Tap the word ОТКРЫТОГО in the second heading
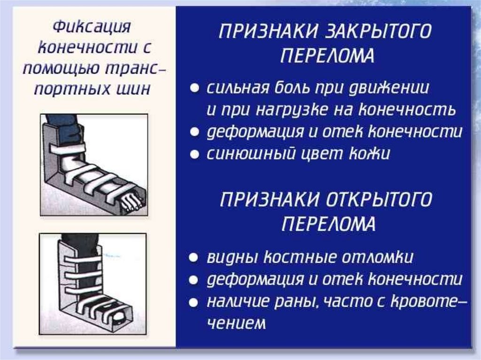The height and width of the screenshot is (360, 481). click(x=379, y=199)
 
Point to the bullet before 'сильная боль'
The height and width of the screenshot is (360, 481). click(x=194, y=88)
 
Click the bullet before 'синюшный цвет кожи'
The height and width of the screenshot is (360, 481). click(x=194, y=154)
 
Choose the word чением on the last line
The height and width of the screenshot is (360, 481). click(x=236, y=323)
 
